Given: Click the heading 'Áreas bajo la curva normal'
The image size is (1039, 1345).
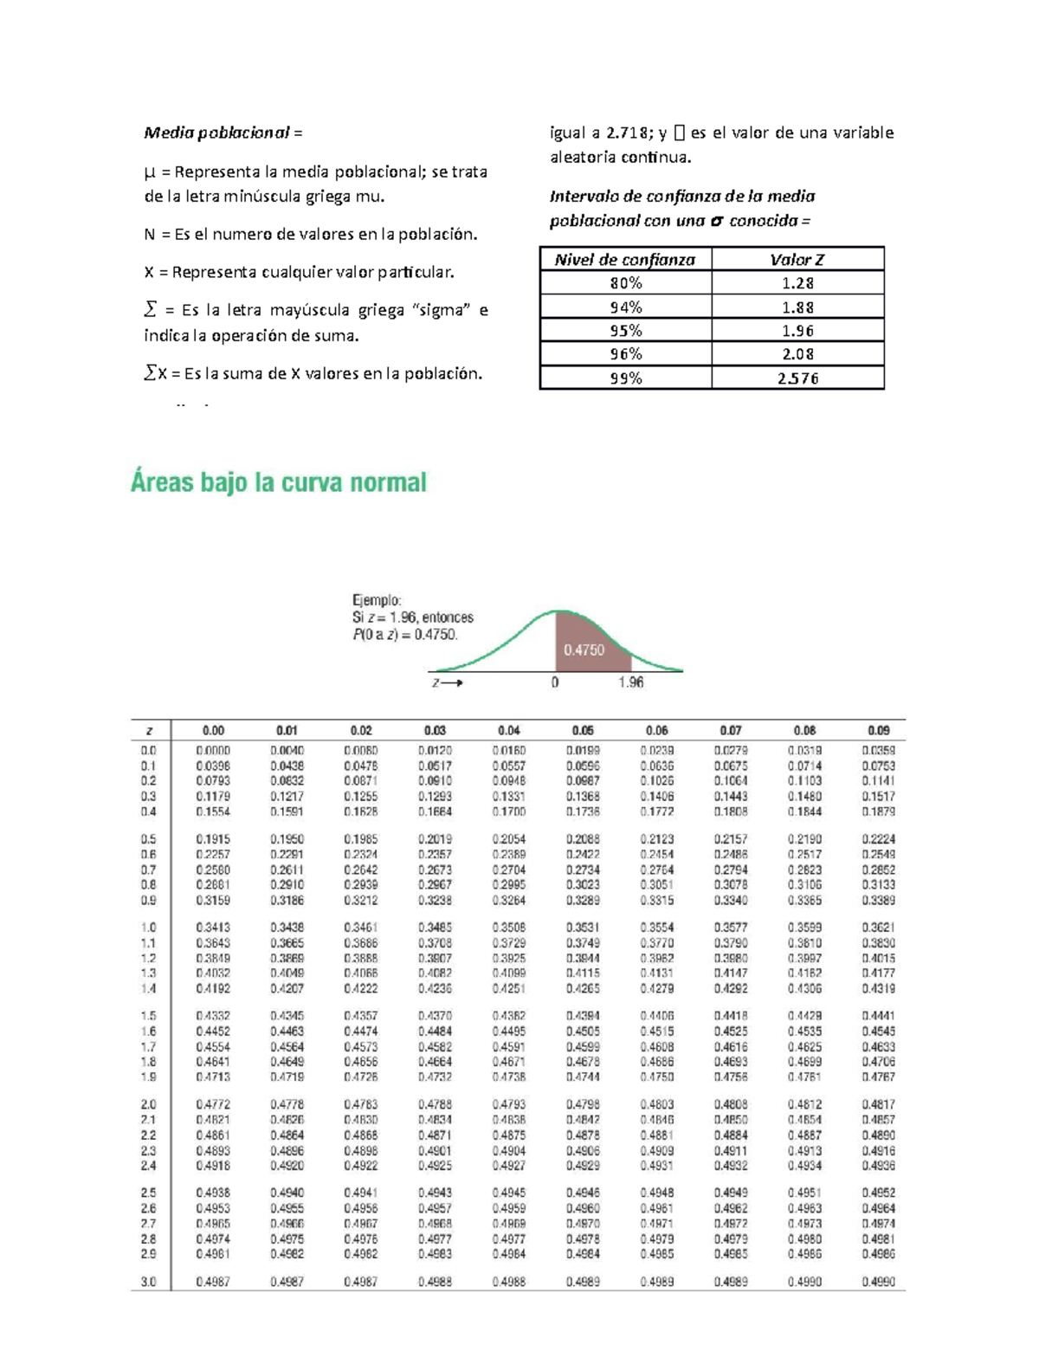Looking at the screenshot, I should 279,482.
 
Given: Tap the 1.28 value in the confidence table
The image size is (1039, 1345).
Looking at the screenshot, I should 797,283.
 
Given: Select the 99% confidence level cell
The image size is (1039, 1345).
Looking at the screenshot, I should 625,378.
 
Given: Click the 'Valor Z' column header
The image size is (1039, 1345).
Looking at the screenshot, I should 797,259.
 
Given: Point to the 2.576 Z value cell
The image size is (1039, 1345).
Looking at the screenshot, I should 797,378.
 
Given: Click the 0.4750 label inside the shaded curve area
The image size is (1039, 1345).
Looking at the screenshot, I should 584,650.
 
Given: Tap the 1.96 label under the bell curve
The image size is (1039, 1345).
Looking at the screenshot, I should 631,682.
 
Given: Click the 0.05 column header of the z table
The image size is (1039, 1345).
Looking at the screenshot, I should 583,730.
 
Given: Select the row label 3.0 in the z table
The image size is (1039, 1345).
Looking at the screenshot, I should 149,1281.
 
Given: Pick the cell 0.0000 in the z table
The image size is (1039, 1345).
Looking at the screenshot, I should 213,750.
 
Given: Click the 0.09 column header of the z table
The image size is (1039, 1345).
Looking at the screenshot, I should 878,730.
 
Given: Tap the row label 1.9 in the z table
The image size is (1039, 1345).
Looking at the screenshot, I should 149,1077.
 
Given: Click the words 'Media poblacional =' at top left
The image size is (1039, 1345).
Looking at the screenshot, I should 223,133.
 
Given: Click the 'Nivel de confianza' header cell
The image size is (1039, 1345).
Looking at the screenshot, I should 625,259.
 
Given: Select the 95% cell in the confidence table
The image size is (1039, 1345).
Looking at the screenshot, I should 625,330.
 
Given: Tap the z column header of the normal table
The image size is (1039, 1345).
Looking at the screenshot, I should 149,730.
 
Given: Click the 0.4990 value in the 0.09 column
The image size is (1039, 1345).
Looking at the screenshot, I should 878,1281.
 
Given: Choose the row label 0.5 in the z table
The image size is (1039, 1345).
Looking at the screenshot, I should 149,838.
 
